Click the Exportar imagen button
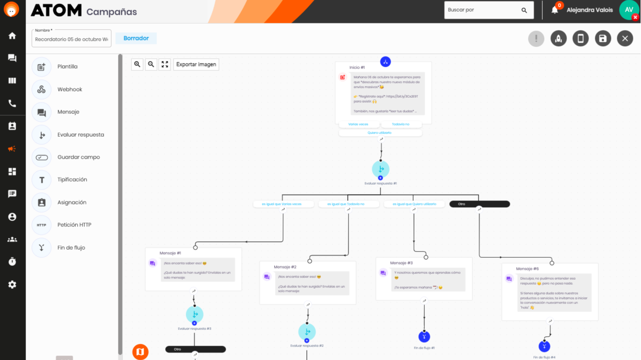(196, 65)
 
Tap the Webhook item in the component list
(70, 89)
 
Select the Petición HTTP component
(74, 225)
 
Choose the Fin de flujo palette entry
(71, 247)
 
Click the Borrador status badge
(136, 39)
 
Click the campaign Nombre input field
(71, 39)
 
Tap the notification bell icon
(555, 10)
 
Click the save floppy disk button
(603, 39)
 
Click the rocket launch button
(558, 39)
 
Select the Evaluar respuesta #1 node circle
(380, 169)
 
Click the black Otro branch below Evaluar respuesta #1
(480, 204)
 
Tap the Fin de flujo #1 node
(424, 336)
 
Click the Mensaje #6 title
(527, 269)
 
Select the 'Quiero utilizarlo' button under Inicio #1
(380, 133)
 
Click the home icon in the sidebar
(12, 35)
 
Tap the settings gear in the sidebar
(12, 285)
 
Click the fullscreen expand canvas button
(165, 65)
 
